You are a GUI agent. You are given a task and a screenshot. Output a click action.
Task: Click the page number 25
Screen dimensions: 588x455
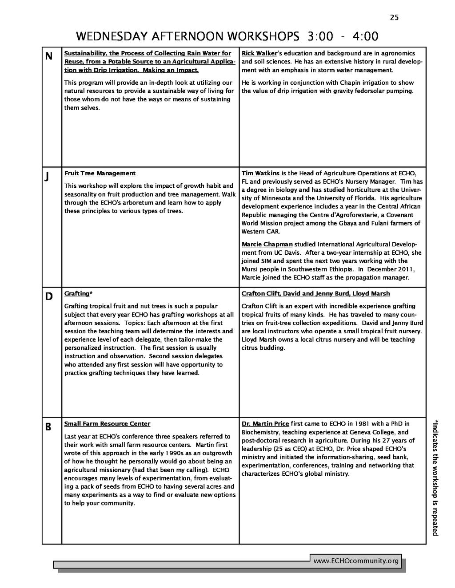[x=395, y=17]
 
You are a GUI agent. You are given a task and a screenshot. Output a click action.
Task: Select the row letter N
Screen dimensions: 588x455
[x=48, y=56]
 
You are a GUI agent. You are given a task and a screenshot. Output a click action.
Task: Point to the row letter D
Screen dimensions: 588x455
[x=49, y=296]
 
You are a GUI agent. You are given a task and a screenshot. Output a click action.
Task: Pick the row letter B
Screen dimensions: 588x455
[x=48, y=427]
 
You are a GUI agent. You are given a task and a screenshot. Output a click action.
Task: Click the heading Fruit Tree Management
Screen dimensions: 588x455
[x=100, y=173]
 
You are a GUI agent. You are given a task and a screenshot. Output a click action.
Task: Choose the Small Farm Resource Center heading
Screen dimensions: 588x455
[x=107, y=424]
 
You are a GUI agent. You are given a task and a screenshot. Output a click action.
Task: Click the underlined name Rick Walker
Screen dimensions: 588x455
[x=259, y=53]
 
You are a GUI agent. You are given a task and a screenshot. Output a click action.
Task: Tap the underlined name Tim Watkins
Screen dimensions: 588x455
[x=260, y=173]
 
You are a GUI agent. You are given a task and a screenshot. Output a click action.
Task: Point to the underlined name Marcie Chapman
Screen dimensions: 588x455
[x=267, y=244]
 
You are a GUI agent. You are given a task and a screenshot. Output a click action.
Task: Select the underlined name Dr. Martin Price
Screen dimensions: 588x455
[x=265, y=424]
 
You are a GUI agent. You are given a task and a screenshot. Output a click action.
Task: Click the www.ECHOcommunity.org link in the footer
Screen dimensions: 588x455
[x=356, y=561]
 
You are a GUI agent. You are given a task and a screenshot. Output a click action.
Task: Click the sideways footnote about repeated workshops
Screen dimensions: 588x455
[x=436, y=477]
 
